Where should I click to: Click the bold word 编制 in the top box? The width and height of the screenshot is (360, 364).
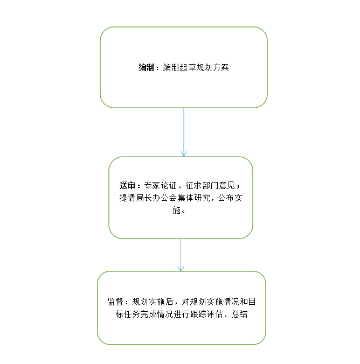tap(146, 67)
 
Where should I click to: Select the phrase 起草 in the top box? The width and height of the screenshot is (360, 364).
tap(184, 67)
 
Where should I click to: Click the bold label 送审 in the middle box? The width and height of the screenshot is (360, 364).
tap(127, 185)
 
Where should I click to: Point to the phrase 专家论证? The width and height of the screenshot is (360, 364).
tap(161, 185)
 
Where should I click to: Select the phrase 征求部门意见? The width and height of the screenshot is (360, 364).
tap(210, 185)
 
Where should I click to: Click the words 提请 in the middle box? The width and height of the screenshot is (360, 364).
tap(127, 198)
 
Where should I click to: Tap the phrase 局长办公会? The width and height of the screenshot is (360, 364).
tap(156, 198)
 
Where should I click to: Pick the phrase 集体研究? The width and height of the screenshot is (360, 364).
tap(193, 198)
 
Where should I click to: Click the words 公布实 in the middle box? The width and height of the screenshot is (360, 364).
tap(231, 198)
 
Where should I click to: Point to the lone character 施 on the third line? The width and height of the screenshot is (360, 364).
tap(177, 210)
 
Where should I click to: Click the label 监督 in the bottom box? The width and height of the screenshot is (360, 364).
tap(115, 302)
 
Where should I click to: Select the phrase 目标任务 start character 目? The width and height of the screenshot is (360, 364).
tap(252, 302)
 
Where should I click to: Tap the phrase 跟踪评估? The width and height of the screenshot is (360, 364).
tap(206, 314)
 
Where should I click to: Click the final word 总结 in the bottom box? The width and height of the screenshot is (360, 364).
tap(240, 314)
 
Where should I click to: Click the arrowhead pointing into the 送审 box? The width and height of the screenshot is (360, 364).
tap(184, 154)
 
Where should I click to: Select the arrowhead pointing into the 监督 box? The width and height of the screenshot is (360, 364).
tap(181, 269)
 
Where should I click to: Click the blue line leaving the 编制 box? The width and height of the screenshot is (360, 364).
tap(184, 132)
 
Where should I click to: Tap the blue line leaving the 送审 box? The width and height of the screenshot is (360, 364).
tap(181, 255)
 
